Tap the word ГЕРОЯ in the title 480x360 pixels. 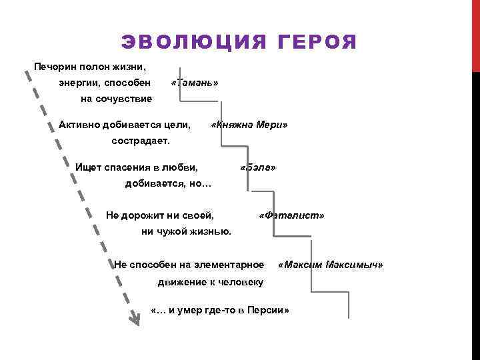point(313,43)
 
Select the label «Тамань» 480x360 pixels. point(195,83)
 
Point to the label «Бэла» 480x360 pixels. point(258,167)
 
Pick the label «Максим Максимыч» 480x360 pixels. point(331,265)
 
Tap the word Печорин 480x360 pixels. point(55,67)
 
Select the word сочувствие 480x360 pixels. point(126,99)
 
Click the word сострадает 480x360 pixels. point(141,141)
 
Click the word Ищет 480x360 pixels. point(89,167)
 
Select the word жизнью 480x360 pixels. point(212,231)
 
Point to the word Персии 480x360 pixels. point(265,311)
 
